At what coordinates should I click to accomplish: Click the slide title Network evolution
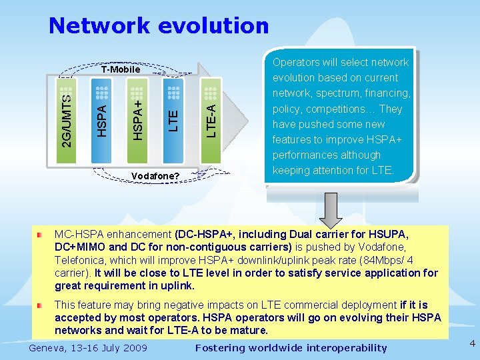point(159,26)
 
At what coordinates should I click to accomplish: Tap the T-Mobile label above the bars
point(121,69)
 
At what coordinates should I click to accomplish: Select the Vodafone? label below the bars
point(155,175)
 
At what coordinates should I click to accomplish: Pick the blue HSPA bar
point(101,120)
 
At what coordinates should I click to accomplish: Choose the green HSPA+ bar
point(137,120)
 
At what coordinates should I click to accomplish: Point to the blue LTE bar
point(173,120)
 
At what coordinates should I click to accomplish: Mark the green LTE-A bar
point(210,120)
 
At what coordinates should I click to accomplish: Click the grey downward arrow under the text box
point(330,207)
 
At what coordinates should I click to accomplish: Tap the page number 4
point(472,343)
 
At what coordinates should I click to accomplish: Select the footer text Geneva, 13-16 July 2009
point(88,347)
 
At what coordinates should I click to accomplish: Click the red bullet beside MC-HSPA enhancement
point(41,235)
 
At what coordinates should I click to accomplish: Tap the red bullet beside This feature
point(41,305)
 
